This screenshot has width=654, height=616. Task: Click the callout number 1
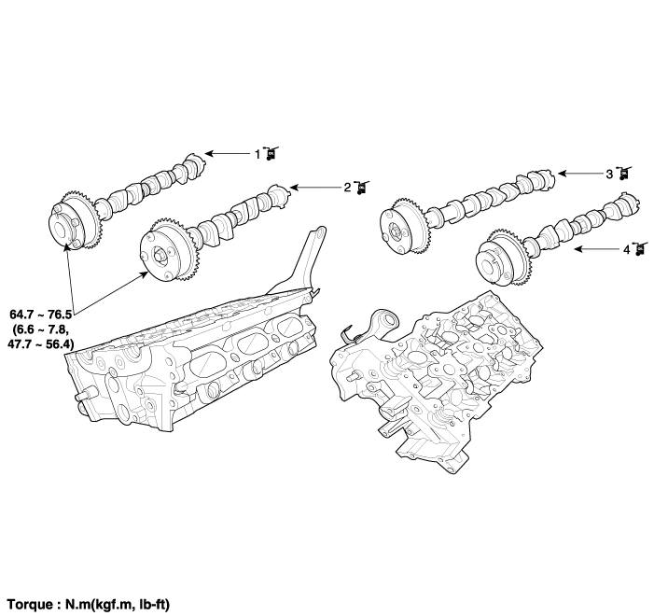click(257, 154)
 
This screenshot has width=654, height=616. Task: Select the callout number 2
click(347, 188)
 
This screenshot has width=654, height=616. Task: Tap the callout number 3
click(609, 174)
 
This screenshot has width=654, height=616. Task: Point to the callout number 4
click(626, 249)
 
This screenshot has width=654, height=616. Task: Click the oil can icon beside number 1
click(271, 154)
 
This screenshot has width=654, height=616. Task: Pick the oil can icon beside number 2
click(362, 188)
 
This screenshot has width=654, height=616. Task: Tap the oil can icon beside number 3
click(624, 174)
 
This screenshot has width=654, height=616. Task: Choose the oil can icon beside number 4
click(641, 249)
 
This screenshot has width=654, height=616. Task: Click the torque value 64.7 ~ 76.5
click(40, 314)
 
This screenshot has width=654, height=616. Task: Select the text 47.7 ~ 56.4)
click(41, 343)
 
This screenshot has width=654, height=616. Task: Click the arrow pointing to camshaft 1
click(230, 154)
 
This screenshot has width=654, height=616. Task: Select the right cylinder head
click(436, 382)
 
